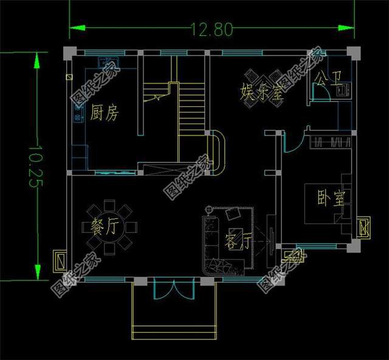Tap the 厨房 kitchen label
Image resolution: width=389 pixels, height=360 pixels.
click(x=105, y=112)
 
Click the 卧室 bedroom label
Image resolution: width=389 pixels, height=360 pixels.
click(x=332, y=198)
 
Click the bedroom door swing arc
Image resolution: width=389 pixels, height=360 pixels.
click(x=293, y=144)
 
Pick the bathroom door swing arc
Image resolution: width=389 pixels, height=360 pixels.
click(x=320, y=92)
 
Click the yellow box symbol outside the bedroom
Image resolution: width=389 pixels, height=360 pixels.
click(x=364, y=228)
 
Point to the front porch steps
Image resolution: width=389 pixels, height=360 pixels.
click(x=174, y=331)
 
